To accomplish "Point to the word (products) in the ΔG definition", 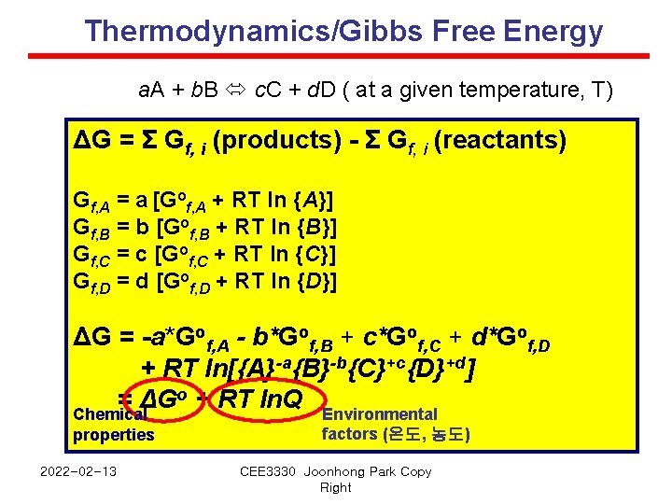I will click(x=275, y=141).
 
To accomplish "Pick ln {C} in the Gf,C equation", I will click(x=304, y=254).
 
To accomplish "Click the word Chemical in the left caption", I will click(x=109, y=414).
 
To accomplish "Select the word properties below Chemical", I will click(x=113, y=435).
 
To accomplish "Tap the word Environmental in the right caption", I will click(x=379, y=414).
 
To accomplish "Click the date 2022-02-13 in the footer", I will click(x=78, y=471).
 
